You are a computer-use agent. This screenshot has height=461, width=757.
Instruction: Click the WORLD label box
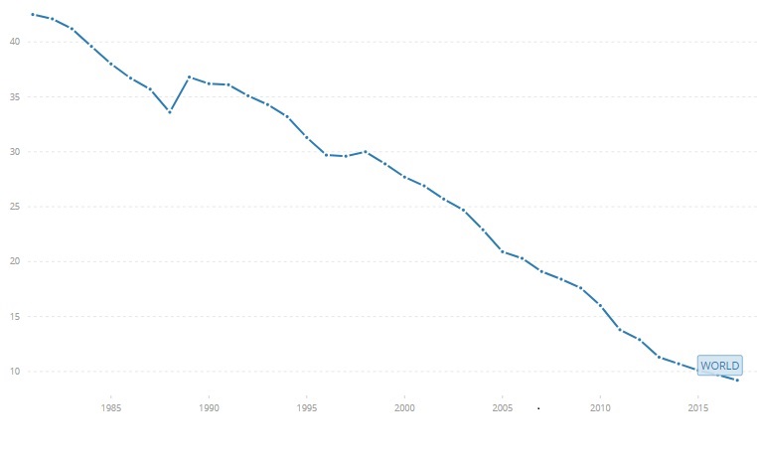[x=719, y=366]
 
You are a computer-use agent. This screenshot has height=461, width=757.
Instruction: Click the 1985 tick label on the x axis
[x=110, y=408]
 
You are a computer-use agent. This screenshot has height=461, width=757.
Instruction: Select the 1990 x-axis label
[x=209, y=408]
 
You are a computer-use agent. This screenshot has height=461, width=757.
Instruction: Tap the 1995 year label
[x=307, y=408]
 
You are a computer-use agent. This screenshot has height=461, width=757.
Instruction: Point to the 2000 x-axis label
[x=404, y=408]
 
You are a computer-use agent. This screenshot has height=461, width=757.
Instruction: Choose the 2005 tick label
[x=503, y=408]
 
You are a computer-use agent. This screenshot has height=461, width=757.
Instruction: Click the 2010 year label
[x=600, y=408]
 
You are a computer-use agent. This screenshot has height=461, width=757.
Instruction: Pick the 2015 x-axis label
[x=698, y=408]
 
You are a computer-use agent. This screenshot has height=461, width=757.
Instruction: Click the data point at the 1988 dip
[x=170, y=112]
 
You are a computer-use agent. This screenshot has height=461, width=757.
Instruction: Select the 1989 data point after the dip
[x=189, y=77]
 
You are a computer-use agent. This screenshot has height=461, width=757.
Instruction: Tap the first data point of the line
[x=33, y=15]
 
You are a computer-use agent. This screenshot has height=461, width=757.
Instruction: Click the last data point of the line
[x=737, y=381]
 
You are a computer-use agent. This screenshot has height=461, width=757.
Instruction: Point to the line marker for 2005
[x=503, y=251]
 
